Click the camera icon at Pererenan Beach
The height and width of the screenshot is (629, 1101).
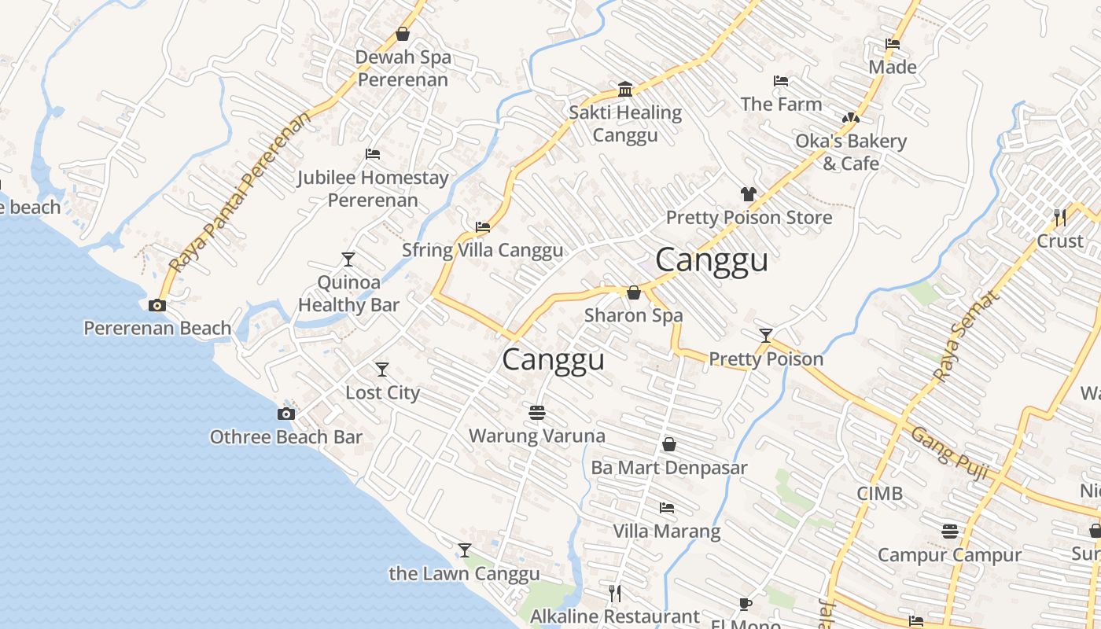157,306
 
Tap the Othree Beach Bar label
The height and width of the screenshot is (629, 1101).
286,437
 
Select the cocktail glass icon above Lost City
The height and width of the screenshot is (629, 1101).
382,369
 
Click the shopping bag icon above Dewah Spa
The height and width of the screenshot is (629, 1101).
403,34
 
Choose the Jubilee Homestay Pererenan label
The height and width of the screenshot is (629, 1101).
373,189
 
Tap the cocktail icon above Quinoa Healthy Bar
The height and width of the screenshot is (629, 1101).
348,259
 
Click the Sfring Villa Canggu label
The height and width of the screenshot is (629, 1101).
483,250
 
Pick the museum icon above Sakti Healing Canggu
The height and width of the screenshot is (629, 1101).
625,89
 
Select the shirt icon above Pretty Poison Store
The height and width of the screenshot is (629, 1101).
748,193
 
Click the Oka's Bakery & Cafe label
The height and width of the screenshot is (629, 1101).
851,153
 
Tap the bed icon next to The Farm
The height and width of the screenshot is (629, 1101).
781,81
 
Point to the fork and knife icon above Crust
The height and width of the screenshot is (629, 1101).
1060,216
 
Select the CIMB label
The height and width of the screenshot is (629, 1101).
880,494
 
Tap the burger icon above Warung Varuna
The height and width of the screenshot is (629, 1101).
537,412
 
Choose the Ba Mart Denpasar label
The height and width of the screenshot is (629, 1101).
669,468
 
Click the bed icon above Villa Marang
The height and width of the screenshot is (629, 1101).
667,508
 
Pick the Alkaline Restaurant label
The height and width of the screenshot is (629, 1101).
615,616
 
